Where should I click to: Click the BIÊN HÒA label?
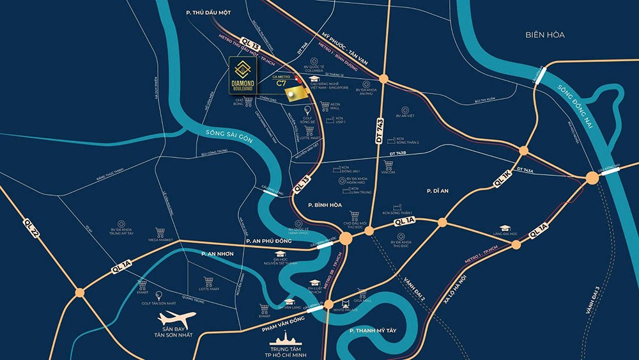[x=545, y=35]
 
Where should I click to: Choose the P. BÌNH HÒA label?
[x=327, y=205]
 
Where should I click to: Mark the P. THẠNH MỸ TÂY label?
[x=380, y=331]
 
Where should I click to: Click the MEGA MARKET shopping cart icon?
[x=161, y=231]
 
